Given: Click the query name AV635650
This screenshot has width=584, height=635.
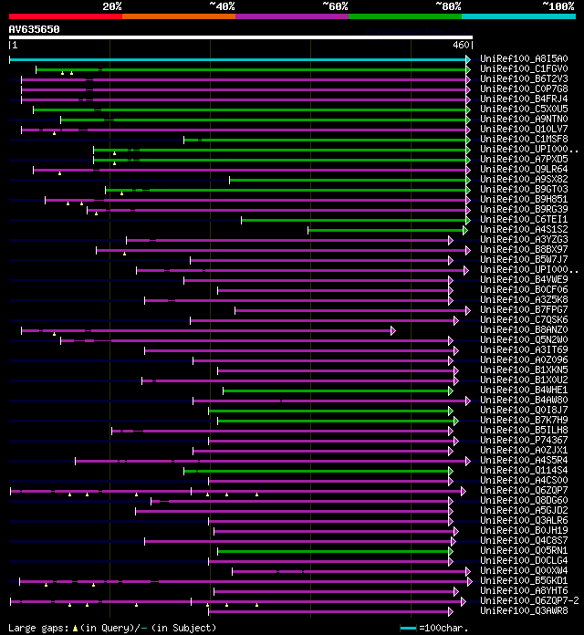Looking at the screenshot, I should point(35,29).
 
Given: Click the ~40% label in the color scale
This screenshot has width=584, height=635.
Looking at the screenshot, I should point(222,5).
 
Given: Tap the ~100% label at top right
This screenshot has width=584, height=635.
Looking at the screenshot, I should point(558,5).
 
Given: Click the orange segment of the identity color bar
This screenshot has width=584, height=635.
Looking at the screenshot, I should point(178,16).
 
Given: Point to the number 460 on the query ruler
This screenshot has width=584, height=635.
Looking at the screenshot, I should point(461,44).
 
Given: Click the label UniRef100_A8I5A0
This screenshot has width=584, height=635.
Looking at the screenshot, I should point(523,58).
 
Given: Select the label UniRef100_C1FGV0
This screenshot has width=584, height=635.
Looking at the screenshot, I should point(523,68).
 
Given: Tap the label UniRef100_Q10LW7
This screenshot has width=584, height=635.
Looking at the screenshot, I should point(523,129).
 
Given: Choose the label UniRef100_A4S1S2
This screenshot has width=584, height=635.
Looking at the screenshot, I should point(523,229).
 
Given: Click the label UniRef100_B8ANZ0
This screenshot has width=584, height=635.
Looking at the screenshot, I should point(523,329).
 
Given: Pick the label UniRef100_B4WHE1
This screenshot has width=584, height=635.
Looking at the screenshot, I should point(523,390).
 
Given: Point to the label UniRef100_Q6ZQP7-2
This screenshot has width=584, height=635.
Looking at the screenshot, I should point(528,600).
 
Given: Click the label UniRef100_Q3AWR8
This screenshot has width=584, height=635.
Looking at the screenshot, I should point(523,610).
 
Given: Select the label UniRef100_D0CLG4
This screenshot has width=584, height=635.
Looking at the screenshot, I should point(523,560).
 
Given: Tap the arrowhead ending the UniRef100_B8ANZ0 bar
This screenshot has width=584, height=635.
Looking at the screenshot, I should point(392,330).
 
